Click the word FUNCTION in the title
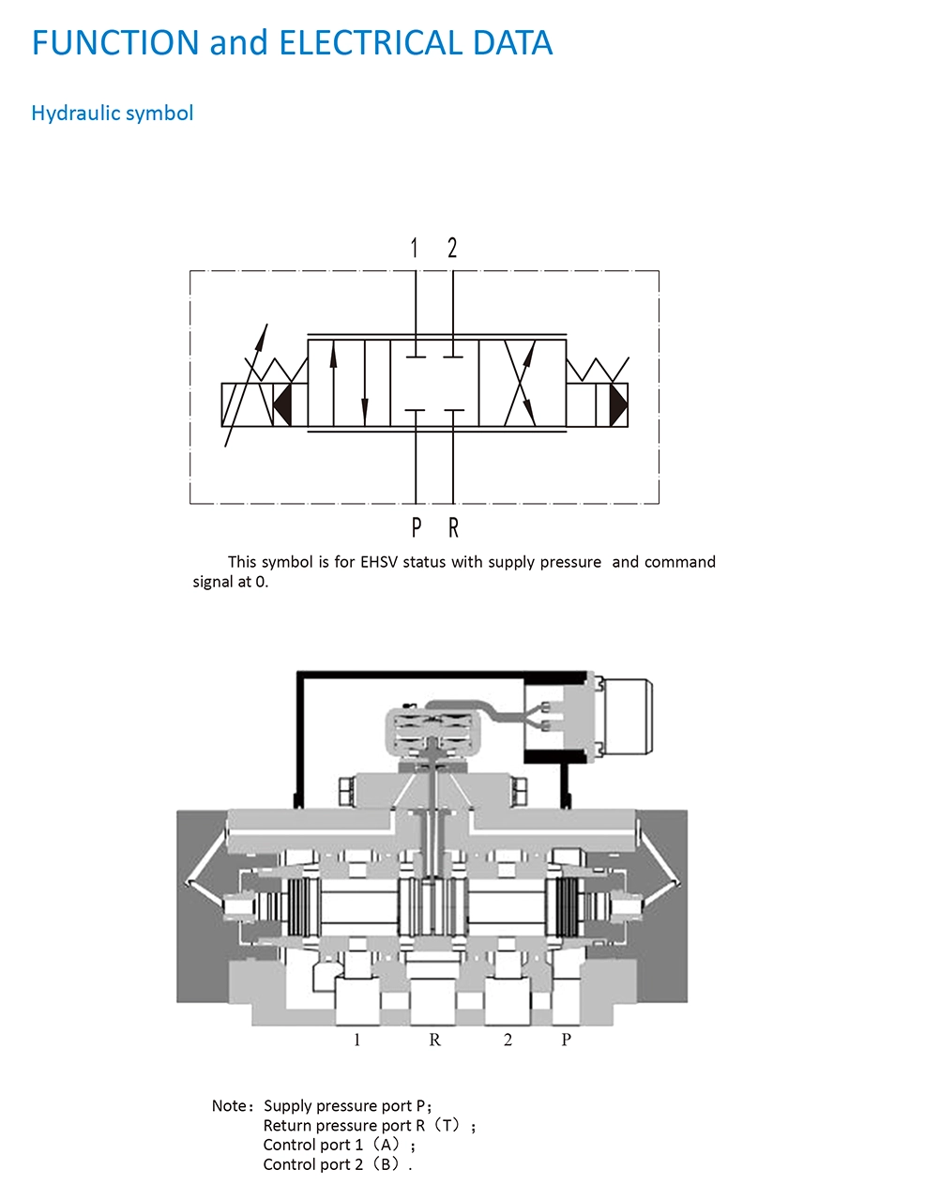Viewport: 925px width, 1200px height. (115, 42)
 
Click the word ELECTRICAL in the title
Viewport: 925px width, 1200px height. (372, 42)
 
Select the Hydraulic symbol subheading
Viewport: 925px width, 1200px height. (112, 114)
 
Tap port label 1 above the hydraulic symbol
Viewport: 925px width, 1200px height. (414, 248)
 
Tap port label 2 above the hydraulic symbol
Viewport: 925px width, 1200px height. (452, 248)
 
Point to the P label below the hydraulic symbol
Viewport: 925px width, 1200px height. (417, 528)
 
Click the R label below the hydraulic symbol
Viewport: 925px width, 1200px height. (453, 528)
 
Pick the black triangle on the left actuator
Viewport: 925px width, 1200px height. (284, 404)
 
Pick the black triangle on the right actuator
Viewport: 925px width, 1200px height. (618, 404)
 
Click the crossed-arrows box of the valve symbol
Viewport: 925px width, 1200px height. (523, 383)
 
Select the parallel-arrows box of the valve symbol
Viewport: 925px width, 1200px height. (349, 383)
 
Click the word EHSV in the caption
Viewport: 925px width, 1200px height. (379, 562)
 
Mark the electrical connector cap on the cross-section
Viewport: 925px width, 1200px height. (628, 716)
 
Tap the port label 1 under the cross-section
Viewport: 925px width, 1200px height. (357, 1040)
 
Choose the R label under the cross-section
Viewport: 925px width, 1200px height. (435, 1040)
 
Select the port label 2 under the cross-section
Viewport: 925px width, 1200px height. (508, 1040)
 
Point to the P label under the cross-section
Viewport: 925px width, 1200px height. (567, 1040)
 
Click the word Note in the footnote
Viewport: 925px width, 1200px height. (229, 1105)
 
